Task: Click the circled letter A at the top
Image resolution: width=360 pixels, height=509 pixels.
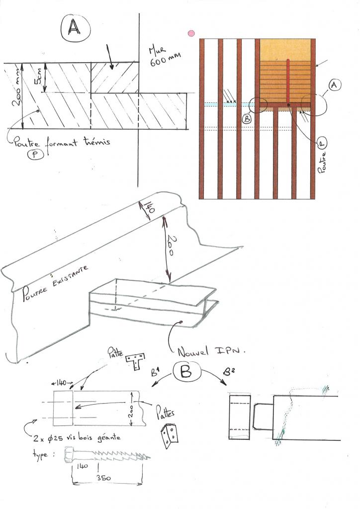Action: [74, 29]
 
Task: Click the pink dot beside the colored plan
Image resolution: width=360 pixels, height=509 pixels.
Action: [190, 33]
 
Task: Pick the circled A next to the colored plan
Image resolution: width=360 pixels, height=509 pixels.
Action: [334, 85]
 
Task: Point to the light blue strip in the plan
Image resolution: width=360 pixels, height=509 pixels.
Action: [229, 104]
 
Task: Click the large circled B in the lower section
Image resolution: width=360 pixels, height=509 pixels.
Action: [186, 373]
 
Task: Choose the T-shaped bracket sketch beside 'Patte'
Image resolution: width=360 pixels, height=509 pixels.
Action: [136, 361]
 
